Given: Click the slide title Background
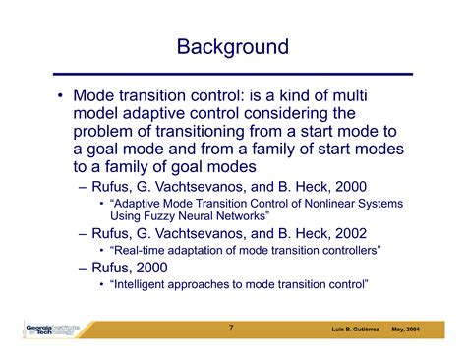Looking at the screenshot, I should [232, 46].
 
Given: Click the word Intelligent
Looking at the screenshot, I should [148, 284].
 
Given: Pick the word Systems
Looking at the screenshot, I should [379, 203].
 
